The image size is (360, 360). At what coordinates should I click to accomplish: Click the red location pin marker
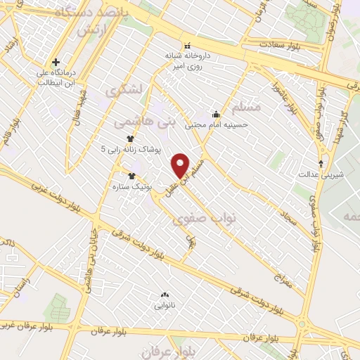(x=181, y=166)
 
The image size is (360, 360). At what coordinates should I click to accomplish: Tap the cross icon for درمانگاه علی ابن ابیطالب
(x=56, y=62)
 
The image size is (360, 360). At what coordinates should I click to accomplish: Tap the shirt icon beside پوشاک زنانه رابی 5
(x=129, y=139)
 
